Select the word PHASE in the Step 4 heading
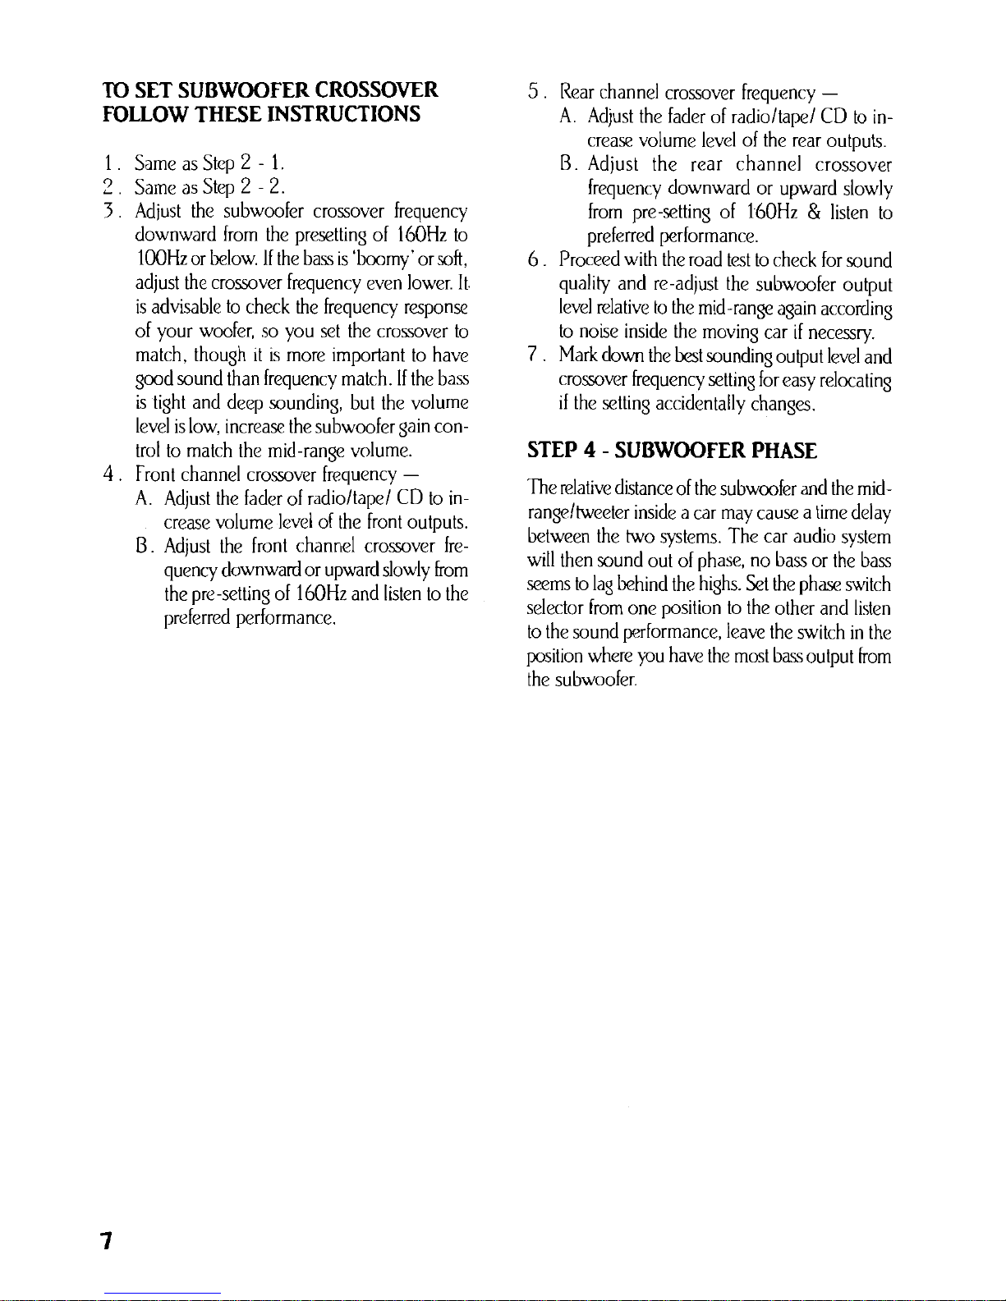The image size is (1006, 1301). click(779, 451)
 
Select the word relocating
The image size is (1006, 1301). click(857, 381)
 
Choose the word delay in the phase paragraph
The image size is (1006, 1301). click(871, 514)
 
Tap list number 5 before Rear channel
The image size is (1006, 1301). click(534, 90)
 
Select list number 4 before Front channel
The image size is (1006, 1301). click(109, 474)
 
